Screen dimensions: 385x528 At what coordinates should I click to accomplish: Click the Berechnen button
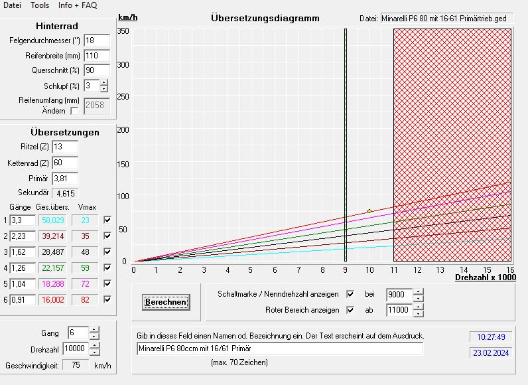point(166,302)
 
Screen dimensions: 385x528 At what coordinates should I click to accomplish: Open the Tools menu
point(40,5)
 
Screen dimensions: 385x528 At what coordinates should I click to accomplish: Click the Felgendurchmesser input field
point(96,41)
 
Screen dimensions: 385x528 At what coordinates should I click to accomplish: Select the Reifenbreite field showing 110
point(96,56)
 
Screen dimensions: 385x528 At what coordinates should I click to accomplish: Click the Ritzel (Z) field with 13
point(64,147)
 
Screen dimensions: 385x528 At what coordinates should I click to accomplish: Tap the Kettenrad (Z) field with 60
point(64,163)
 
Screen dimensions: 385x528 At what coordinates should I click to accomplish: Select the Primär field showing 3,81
point(64,179)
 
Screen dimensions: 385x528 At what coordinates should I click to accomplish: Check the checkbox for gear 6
point(107,299)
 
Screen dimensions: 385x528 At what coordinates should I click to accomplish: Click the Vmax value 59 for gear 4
point(85,268)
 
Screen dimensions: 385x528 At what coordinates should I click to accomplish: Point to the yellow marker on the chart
point(369,211)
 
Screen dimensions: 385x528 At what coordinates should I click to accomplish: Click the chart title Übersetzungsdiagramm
point(265,18)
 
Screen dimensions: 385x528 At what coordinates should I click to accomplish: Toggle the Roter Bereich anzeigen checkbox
point(351,310)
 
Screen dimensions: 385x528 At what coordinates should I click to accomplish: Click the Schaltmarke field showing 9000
point(399,294)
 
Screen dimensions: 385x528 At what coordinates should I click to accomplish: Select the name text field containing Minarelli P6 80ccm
point(279,348)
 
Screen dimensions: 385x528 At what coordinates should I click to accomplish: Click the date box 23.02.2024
point(491,353)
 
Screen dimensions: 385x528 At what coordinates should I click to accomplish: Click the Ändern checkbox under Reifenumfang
point(74,111)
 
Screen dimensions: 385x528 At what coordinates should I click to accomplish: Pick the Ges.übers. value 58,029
point(54,220)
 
